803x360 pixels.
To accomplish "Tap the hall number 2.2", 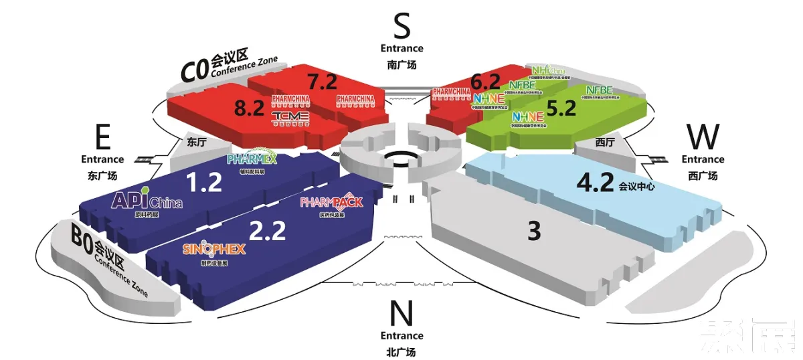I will click(x=267, y=230).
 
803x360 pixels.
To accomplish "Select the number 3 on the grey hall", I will click(x=533, y=232).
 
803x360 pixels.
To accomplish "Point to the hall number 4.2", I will click(x=595, y=183).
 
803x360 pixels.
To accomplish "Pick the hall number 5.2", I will click(x=561, y=108).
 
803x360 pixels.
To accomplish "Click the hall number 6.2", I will click(x=485, y=82).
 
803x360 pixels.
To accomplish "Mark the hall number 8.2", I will click(x=250, y=108).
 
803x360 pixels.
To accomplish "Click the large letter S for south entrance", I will click(x=401, y=27).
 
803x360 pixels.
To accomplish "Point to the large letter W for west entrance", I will click(x=703, y=137).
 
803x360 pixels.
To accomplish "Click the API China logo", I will click(x=147, y=200).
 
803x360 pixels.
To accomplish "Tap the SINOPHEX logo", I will click(x=214, y=249).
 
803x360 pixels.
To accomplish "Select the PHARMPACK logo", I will click(x=332, y=201).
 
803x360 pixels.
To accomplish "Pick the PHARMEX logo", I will click(x=252, y=158).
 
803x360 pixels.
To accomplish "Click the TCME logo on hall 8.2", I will click(x=290, y=117).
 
